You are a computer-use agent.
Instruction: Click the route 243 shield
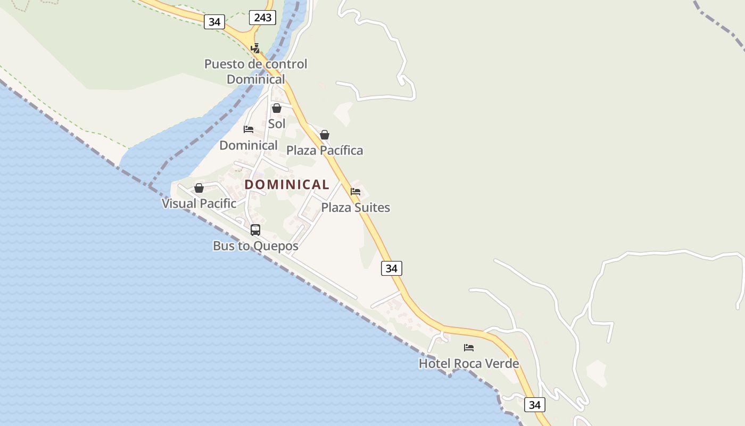pyautogui.click(x=262, y=18)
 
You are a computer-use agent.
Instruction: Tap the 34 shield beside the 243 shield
pyautogui.click(x=214, y=22)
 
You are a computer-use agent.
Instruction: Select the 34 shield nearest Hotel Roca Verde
pyautogui.click(x=534, y=405)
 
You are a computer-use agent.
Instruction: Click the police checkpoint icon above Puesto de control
pyautogui.click(x=255, y=48)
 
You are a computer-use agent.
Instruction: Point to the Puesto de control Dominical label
pyautogui.click(x=256, y=71)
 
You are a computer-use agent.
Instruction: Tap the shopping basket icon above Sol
pyautogui.click(x=277, y=108)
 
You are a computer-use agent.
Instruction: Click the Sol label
pyautogui.click(x=277, y=124)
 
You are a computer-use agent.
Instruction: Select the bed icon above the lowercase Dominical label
pyautogui.click(x=249, y=129)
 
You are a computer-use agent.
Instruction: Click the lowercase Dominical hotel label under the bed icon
pyautogui.click(x=249, y=145)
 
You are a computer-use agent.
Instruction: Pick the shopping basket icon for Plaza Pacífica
pyautogui.click(x=325, y=135)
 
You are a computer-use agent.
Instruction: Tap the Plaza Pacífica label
pyautogui.click(x=325, y=150)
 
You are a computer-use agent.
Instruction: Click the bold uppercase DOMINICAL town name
pyautogui.click(x=287, y=184)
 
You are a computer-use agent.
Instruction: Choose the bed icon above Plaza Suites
pyautogui.click(x=355, y=192)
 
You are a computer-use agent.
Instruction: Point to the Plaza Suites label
pyautogui.click(x=355, y=207)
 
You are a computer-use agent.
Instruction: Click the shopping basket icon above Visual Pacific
pyautogui.click(x=199, y=188)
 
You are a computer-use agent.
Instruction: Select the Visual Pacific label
pyautogui.click(x=199, y=203)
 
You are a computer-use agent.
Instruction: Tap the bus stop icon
pyautogui.click(x=255, y=230)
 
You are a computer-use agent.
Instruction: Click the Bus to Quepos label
pyautogui.click(x=255, y=246)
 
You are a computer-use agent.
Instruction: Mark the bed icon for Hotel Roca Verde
pyautogui.click(x=469, y=348)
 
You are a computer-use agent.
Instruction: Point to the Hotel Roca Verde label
pyautogui.click(x=469, y=363)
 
